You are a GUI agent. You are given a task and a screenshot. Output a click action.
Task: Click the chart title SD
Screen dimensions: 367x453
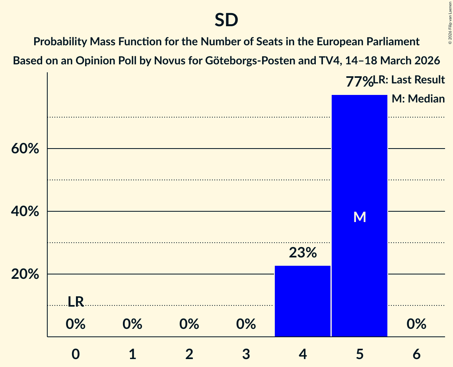point(226,20)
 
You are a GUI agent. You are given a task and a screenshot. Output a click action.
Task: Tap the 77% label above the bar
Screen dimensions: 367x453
point(359,82)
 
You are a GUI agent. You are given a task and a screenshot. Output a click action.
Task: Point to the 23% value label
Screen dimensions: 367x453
point(303,253)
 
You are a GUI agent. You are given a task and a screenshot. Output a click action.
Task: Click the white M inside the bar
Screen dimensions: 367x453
point(360,217)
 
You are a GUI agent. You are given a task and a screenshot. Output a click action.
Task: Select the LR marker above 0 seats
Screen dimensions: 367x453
point(76,302)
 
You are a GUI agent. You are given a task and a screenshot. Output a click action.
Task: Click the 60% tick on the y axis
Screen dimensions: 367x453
point(25,149)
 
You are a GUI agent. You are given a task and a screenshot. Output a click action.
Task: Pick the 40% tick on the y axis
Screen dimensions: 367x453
point(25,212)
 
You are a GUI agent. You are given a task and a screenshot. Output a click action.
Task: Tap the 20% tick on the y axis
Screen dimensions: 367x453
point(25,274)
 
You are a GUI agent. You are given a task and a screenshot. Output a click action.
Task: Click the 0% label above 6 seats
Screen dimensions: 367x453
point(416,325)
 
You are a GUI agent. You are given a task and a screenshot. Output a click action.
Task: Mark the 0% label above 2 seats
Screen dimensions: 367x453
point(189,325)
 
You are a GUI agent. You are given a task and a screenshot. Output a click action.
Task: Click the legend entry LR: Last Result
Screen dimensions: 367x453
point(410,80)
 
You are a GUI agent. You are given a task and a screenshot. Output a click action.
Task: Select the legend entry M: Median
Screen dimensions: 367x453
point(418,99)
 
